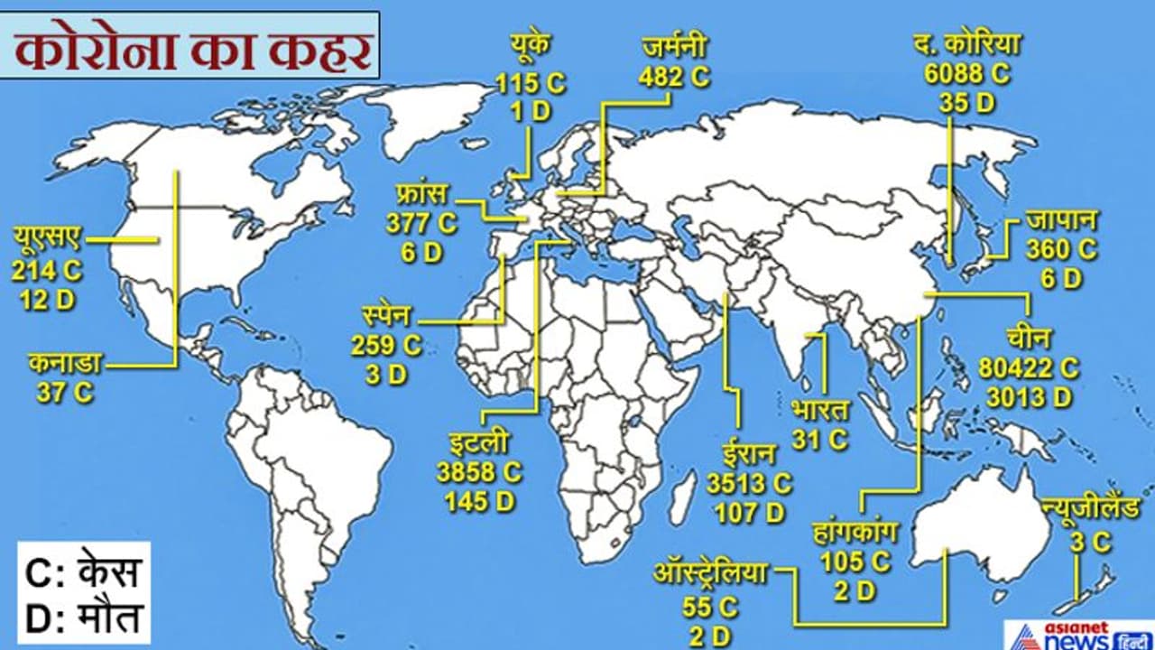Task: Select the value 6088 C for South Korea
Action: tap(966, 74)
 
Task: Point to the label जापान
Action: tap(1061, 219)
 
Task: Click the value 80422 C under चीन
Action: tap(1029, 367)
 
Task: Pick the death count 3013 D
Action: tap(1029, 396)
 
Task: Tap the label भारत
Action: tap(820, 411)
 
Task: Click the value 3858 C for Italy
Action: tap(479, 471)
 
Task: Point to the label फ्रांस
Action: tap(421, 194)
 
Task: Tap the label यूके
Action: tap(530, 47)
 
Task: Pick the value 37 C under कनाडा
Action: tap(65, 393)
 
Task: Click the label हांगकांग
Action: tap(855, 533)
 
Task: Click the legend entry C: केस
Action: tap(83, 573)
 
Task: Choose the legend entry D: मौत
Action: tap(83, 618)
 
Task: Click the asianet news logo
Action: tap(1078, 634)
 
